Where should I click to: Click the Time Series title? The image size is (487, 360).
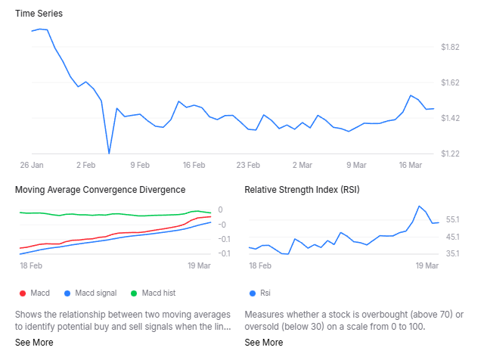pyautogui.click(x=39, y=14)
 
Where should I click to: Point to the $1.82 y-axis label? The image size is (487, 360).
pyautogui.click(x=450, y=47)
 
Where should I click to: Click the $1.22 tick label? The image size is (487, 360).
pyautogui.click(x=450, y=154)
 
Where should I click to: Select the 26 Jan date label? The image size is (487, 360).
pyautogui.click(x=32, y=164)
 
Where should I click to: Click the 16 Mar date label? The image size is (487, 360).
pyautogui.click(x=409, y=164)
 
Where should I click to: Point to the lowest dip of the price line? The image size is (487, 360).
pyautogui.click(x=109, y=153)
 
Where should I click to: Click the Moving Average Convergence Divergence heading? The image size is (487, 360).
pyautogui.click(x=100, y=190)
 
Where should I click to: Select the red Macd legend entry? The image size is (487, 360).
pyautogui.click(x=34, y=293)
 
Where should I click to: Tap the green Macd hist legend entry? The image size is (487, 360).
pyautogui.click(x=153, y=293)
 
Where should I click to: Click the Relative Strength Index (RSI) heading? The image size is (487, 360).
pyautogui.click(x=302, y=190)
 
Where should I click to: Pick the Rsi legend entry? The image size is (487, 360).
pyautogui.click(x=260, y=293)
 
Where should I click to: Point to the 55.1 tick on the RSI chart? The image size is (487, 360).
pyautogui.click(x=453, y=219)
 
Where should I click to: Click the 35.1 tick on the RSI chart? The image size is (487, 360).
pyautogui.click(x=453, y=253)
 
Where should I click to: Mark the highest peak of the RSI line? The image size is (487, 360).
pyautogui.click(x=418, y=206)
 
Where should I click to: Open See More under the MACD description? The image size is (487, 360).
pyautogui.click(x=34, y=343)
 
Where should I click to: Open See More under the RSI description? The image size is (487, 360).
pyautogui.click(x=264, y=343)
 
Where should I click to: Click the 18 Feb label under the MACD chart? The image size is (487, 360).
pyautogui.click(x=30, y=266)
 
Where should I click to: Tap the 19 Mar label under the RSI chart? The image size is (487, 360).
pyautogui.click(x=427, y=266)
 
